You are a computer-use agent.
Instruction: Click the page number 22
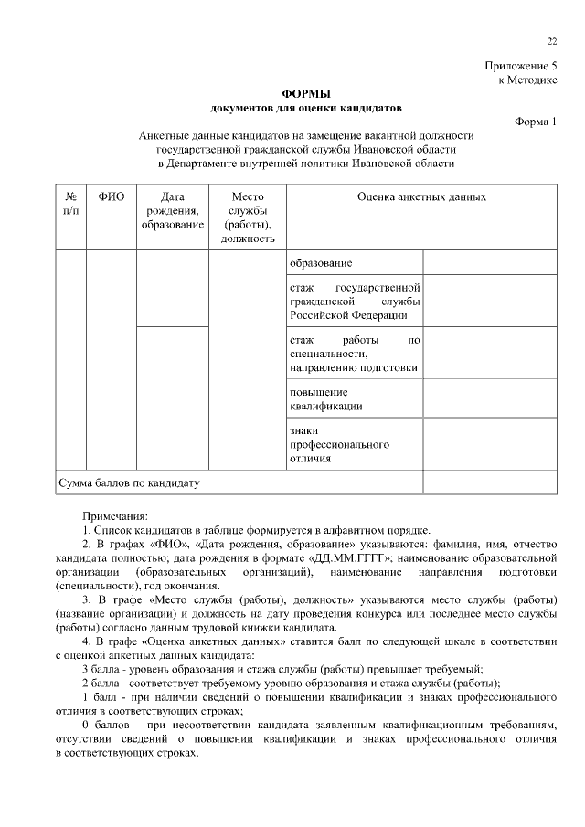click(551, 41)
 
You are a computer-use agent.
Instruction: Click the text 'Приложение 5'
click(520, 66)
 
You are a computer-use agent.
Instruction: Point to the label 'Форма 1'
click(536, 122)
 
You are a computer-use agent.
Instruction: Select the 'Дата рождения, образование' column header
click(172, 210)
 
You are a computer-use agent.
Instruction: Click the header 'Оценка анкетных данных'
click(421, 196)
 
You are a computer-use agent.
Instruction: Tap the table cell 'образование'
click(321, 263)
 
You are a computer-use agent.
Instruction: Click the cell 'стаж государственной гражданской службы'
click(354, 302)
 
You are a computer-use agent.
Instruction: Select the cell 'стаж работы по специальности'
click(354, 354)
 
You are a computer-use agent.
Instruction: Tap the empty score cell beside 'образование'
click(489, 263)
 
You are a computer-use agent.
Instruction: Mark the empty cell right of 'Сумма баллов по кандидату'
click(489, 482)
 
